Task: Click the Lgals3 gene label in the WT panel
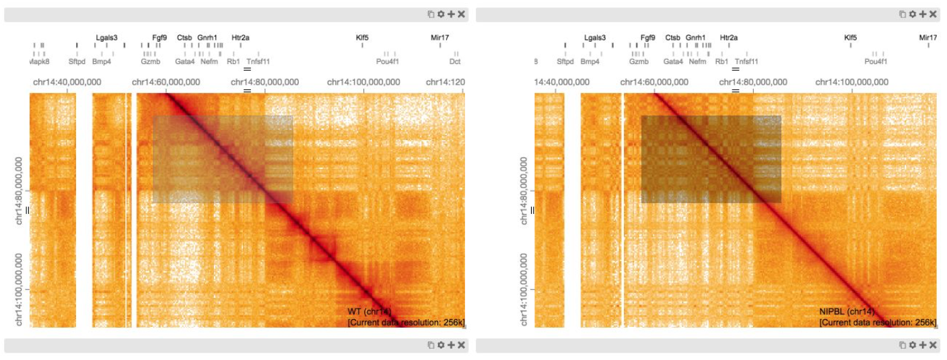[x=106, y=38]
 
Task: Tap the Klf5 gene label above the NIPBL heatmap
[x=851, y=38]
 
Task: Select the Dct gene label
[x=455, y=61]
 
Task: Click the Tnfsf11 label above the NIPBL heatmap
[x=746, y=61]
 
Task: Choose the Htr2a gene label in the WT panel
[x=240, y=38]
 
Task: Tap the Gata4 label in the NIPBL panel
[x=673, y=61]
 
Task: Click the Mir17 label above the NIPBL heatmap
[x=928, y=38]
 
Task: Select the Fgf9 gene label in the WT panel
[x=160, y=38]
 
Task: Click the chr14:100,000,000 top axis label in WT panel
[x=365, y=82]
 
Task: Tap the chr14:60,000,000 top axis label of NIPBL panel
[x=654, y=82]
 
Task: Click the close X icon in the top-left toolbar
[x=461, y=14]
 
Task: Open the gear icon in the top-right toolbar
[x=912, y=14]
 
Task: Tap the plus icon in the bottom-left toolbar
[x=451, y=345]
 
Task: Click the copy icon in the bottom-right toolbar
[x=902, y=345]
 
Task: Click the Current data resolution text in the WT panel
[x=406, y=323]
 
